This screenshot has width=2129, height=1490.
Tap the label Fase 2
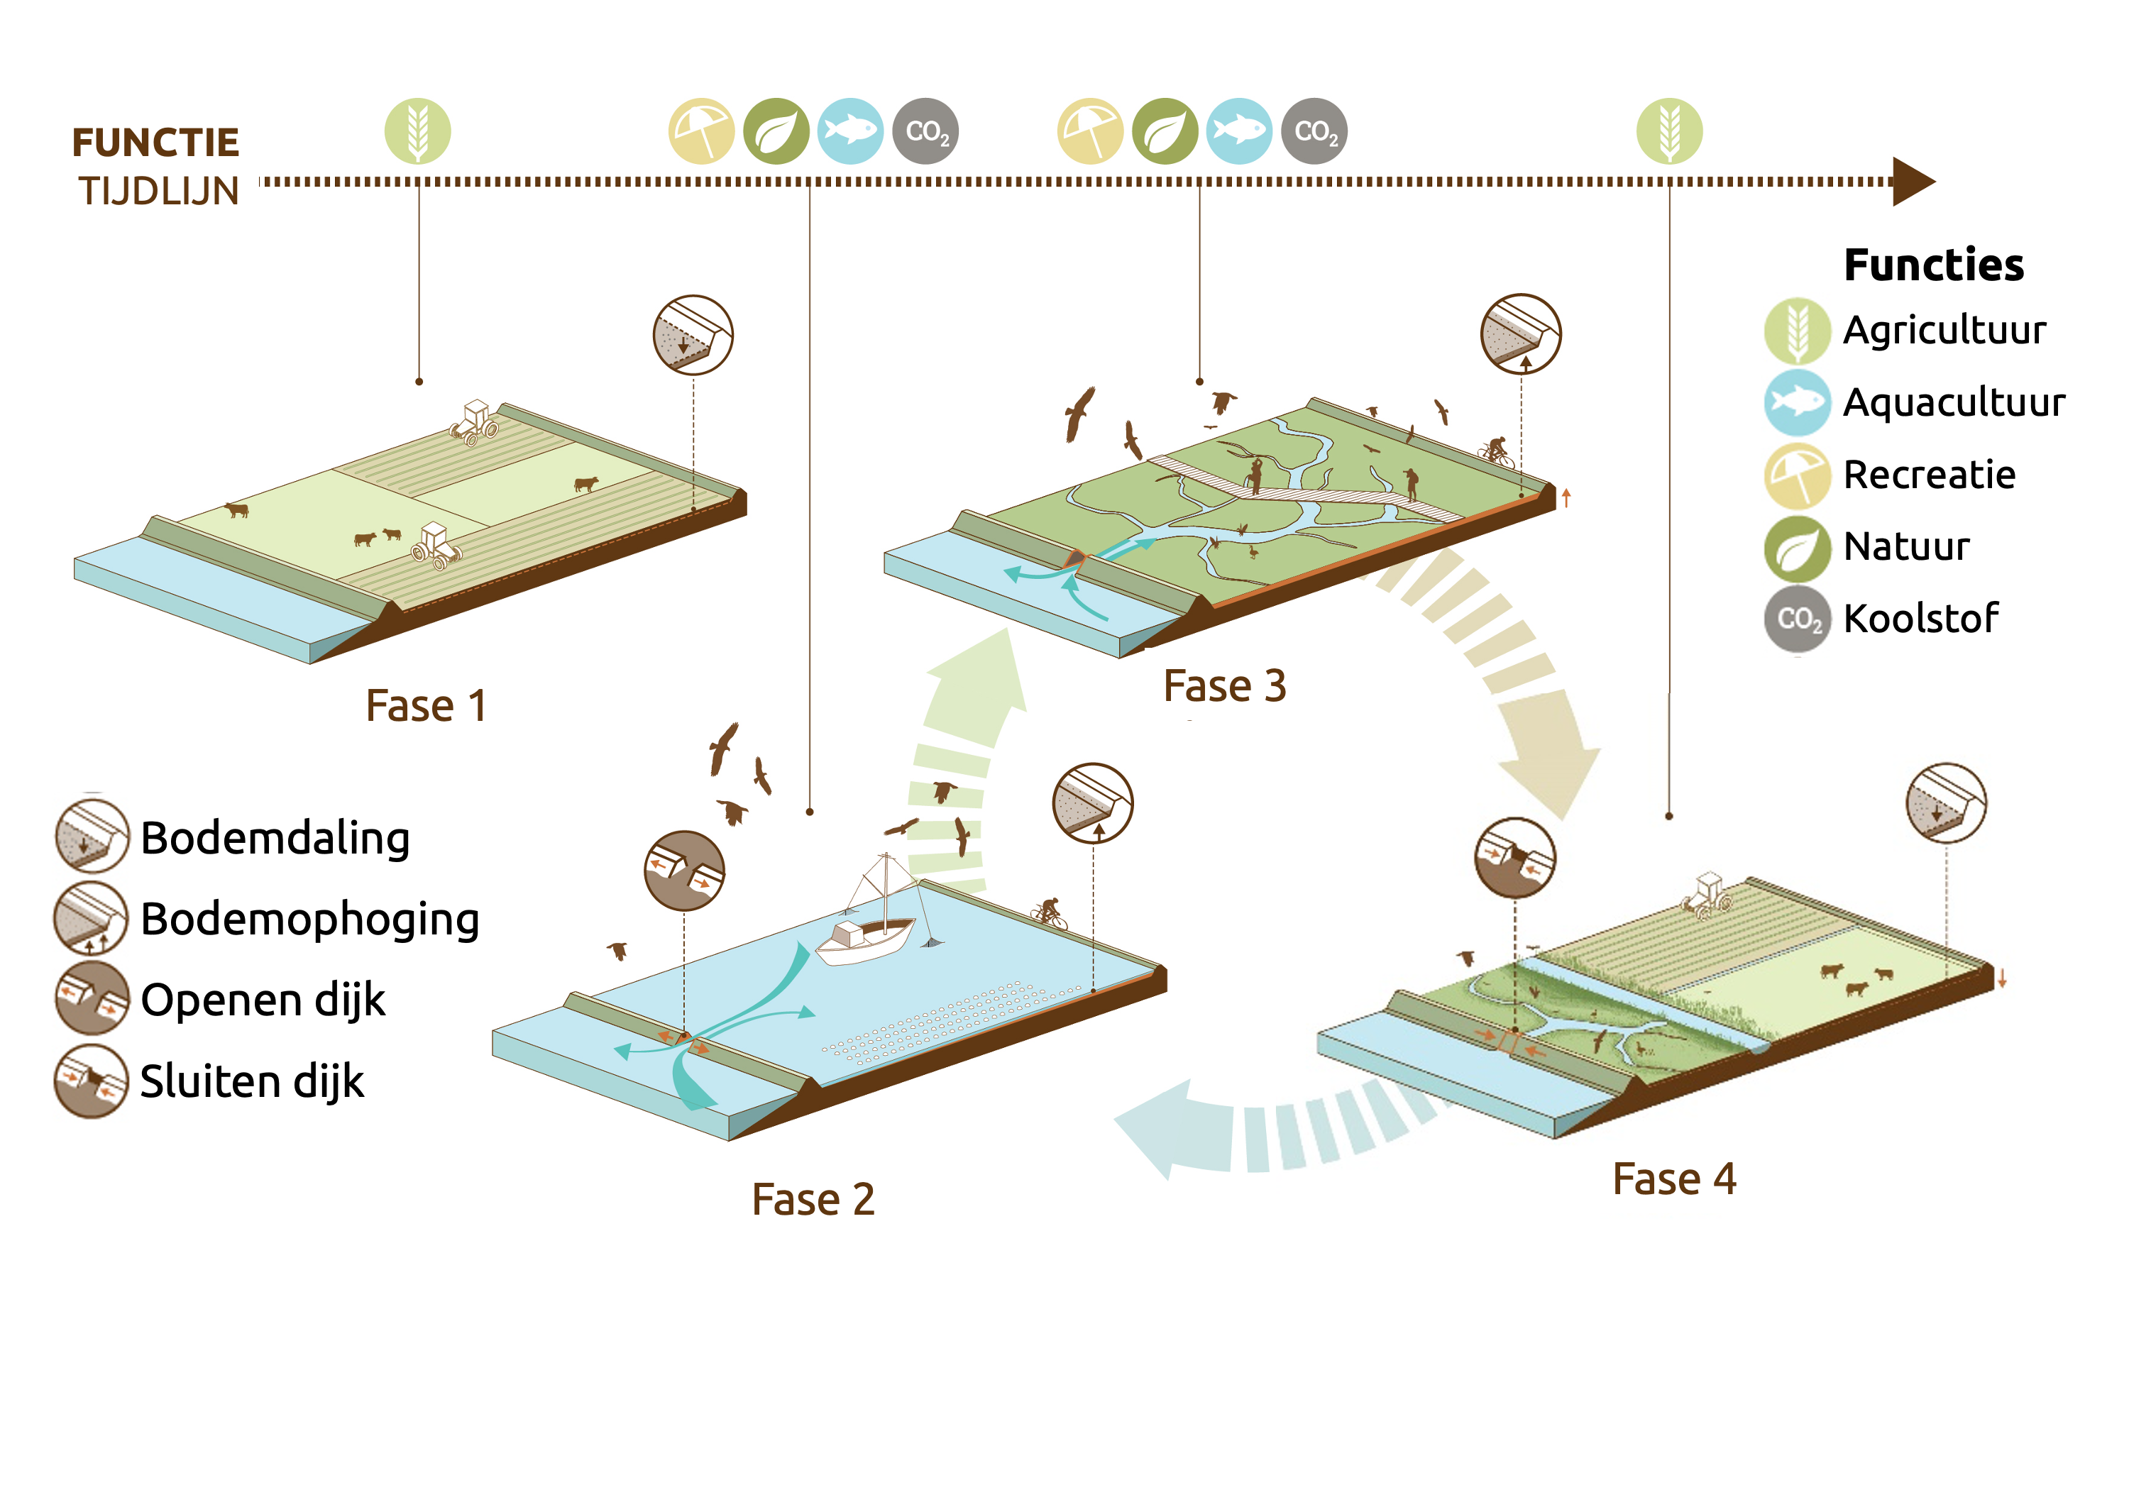[x=813, y=1199]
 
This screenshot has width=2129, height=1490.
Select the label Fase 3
[x=1224, y=686]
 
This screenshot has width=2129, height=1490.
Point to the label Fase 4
[x=1673, y=1179]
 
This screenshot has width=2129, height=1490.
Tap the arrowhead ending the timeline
[x=1912, y=181]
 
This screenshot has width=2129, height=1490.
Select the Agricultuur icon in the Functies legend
[x=1796, y=330]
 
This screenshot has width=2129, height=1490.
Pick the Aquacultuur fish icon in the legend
[x=1796, y=402]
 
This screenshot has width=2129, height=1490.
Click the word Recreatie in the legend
[x=1929, y=475]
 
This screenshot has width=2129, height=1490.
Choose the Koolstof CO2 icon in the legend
[x=1797, y=619]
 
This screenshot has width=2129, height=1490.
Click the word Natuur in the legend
[x=1905, y=546]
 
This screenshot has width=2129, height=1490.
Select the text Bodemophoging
[x=309, y=919]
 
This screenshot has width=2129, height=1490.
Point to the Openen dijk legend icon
[x=91, y=998]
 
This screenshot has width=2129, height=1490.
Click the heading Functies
[x=1933, y=265]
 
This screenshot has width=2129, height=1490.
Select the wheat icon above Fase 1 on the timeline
[x=417, y=131]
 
